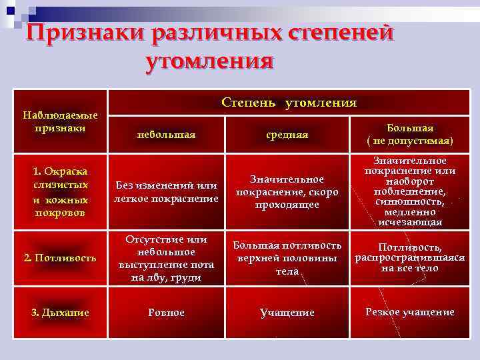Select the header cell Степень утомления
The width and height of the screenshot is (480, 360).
289,103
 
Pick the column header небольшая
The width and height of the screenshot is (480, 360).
166,135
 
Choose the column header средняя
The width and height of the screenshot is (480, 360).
287,135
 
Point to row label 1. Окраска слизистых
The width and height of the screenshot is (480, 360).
61,192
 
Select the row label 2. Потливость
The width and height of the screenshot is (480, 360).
61,257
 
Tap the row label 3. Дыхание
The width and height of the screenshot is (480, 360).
61,312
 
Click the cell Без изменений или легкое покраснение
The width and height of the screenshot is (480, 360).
166,192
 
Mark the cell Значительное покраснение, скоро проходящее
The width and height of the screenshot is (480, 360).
287,192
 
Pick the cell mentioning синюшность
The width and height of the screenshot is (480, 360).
409,192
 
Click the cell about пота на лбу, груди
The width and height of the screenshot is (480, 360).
166,258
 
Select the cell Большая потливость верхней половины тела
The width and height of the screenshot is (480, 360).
287,258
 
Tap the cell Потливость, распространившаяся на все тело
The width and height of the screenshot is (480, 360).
409,258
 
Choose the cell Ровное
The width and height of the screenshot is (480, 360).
166,313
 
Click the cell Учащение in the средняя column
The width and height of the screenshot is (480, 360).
287,313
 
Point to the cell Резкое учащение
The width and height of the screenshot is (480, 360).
409,312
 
